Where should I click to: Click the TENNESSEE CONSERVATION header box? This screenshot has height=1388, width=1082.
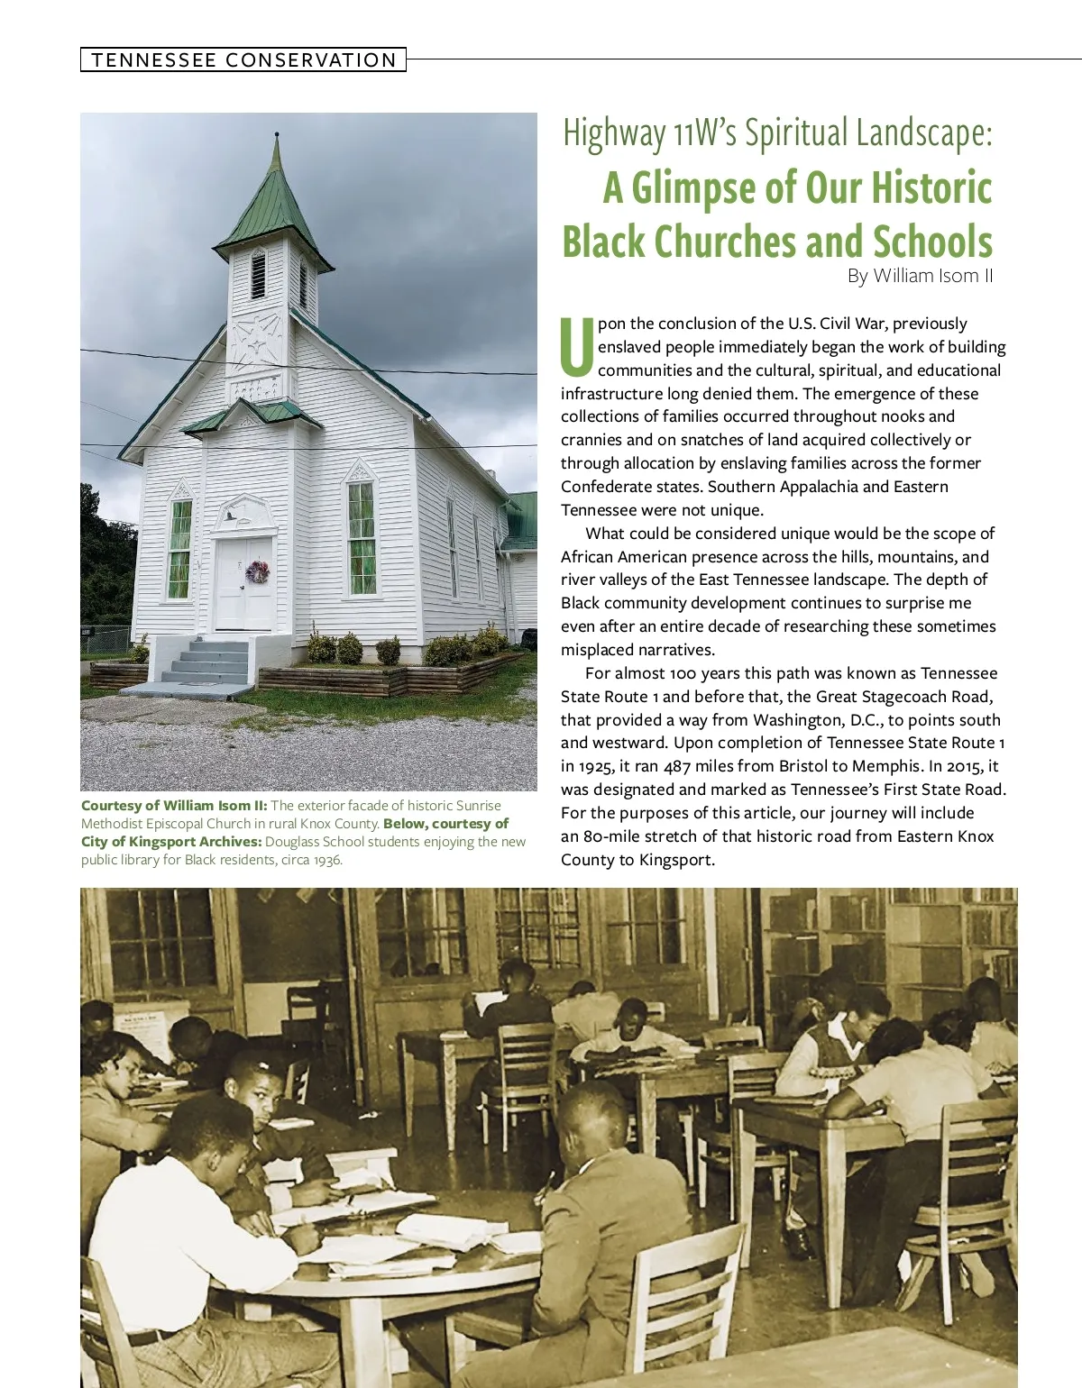click(x=243, y=60)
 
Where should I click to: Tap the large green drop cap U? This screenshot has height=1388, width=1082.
click(x=577, y=346)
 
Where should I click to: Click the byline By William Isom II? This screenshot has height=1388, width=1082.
click(x=920, y=276)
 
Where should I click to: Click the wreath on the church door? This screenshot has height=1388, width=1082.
click(x=257, y=571)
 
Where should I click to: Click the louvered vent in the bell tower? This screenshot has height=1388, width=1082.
click(x=259, y=276)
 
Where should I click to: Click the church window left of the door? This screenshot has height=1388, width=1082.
click(x=179, y=550)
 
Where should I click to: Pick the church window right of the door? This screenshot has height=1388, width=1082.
click(x=362, y=539)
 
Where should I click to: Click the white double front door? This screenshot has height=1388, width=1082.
click(x=243, y=583)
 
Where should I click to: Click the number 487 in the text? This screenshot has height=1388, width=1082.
click(x=677, y=767)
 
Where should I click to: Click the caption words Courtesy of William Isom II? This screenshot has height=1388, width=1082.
click(x=174, y=806)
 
